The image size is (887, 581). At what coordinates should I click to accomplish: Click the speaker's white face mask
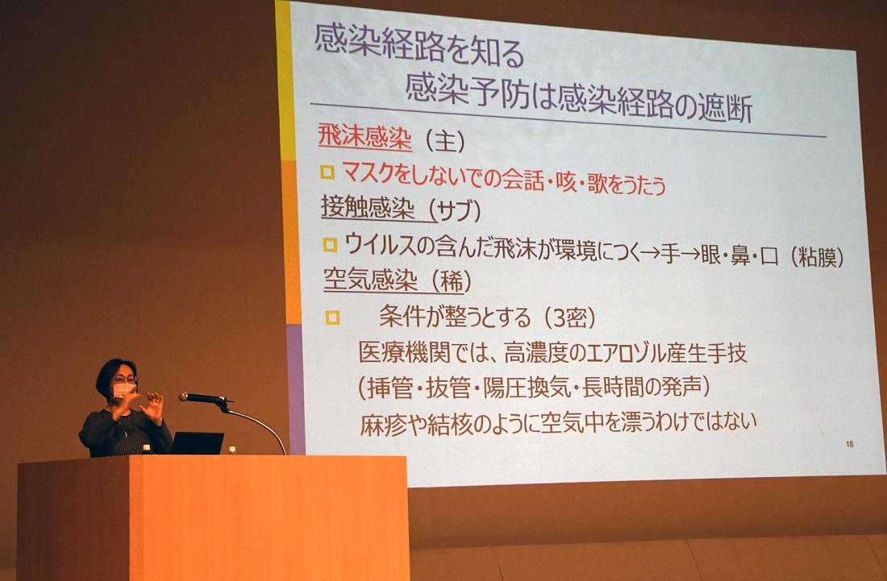coord(124,389)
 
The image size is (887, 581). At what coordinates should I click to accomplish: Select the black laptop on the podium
coord(197,443)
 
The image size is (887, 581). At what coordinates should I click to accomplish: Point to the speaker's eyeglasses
coord(124,379)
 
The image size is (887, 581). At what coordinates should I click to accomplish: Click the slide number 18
coord(849,444)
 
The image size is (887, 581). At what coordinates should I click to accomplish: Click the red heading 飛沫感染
coord(364,137)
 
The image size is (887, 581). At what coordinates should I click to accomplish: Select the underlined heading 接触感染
coord(368,207)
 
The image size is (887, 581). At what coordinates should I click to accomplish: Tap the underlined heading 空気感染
coord(371,279)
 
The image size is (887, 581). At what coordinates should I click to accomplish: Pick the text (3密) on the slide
coord(569,318)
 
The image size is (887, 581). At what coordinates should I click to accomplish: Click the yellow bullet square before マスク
coord(327,172)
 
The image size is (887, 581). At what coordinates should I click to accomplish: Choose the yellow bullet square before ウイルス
coord(330,245)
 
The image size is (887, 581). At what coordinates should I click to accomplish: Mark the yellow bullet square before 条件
coord(332,317)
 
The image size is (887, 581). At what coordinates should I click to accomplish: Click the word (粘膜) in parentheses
coord(817,258)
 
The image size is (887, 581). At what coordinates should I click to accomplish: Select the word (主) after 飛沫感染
coord(445,140)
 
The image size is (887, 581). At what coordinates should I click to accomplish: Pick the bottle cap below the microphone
coord(232,450)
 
